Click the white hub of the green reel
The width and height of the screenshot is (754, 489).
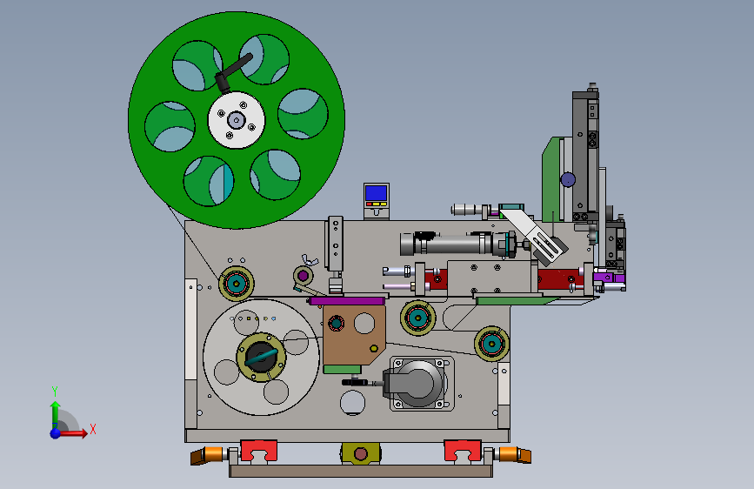click(236, 120)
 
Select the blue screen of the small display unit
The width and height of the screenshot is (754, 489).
click(376, 193)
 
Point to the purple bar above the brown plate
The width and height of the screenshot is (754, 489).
click(347, 301)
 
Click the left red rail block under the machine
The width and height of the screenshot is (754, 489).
click(258, 451)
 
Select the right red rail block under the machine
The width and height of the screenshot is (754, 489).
click(463, 451)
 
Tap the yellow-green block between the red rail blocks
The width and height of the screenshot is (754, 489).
click(361, 453)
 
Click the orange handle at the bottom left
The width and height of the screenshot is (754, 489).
click(207, 455)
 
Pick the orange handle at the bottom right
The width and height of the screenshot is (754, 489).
click(515, 454)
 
